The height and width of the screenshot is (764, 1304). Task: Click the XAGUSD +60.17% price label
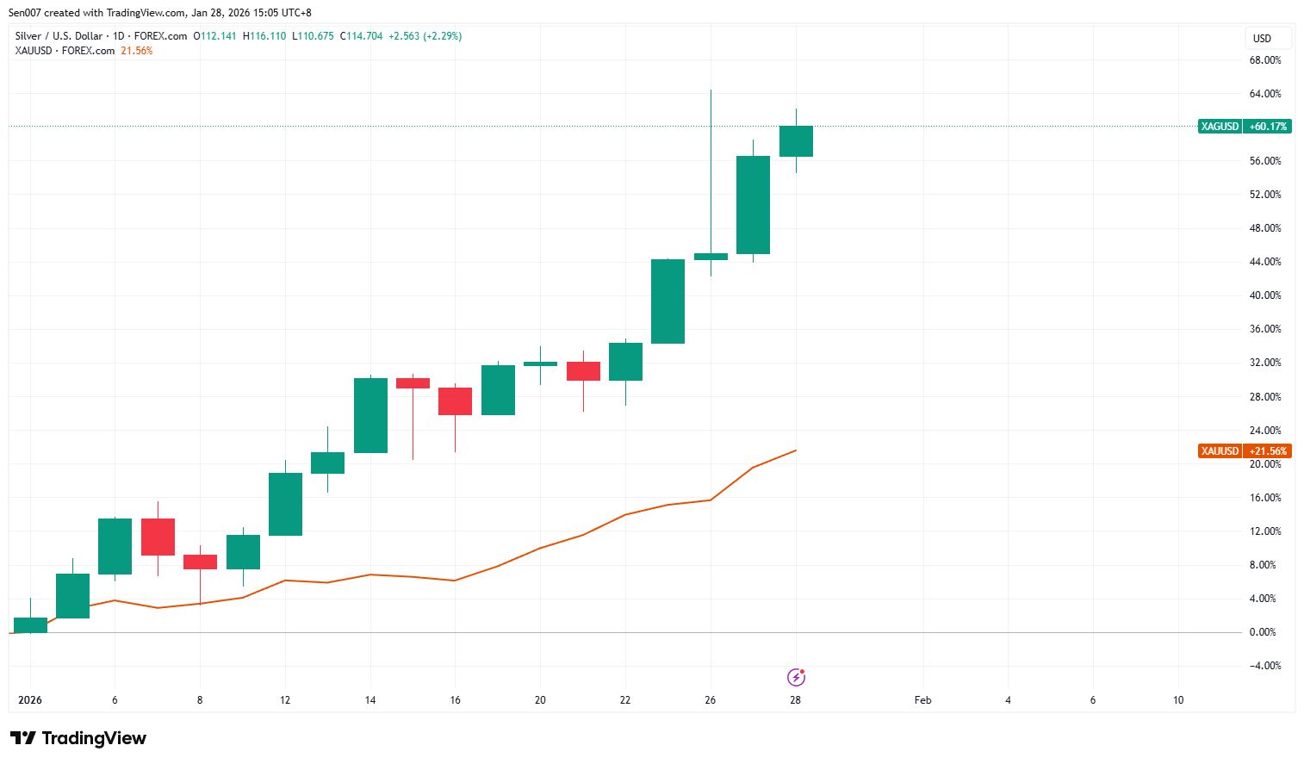pos(1244,127)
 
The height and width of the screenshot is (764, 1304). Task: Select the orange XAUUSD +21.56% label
pos(1244,451)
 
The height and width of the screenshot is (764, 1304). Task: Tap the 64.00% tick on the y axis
pos(1264,94)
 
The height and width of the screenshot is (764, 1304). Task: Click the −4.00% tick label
pos(1264,666)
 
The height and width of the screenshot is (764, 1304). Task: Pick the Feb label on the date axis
pos(922,700)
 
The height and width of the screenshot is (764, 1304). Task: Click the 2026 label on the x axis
pos(30,700)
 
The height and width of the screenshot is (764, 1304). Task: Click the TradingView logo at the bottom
pos(78,738)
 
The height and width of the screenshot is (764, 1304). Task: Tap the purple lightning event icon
pos(797,677)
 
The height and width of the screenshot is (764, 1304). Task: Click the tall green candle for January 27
pos(753,205)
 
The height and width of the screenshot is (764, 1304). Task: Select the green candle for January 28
pos(796,141)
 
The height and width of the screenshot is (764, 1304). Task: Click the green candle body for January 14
pos(370,415)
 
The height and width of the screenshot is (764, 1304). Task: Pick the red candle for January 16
pos(455,401)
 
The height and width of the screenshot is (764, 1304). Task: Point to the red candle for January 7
pos(158,537)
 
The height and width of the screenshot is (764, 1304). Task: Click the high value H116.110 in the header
pos(264,36)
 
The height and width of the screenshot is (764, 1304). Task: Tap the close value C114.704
pos(361,36)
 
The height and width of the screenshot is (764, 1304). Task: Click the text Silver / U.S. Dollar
pos(59,36)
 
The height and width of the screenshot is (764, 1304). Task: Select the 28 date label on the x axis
pos(795,700)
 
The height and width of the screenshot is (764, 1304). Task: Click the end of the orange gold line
pos(796,450)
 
